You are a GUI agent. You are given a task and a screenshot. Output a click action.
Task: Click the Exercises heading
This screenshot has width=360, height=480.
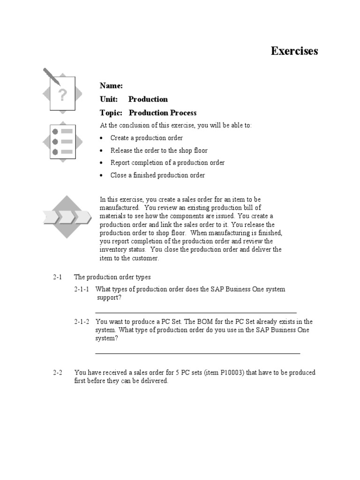(294, 51)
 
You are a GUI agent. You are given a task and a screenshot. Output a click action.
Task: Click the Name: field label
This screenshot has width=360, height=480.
(111, 85)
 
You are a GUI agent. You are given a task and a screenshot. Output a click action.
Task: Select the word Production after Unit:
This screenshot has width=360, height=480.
(148, 99)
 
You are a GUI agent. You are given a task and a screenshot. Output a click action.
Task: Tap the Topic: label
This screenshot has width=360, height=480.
(111, 112)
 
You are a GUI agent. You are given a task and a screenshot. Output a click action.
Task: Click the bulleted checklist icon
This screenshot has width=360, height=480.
(62, 141)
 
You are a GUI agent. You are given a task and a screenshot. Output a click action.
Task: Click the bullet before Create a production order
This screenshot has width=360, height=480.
(102, 138)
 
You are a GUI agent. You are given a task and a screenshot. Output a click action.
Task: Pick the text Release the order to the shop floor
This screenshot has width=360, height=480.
(159, 150)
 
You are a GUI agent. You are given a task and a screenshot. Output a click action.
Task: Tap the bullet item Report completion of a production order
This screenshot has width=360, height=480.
(167, 163)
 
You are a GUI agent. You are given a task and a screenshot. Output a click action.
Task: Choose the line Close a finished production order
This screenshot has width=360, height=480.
(157, 175)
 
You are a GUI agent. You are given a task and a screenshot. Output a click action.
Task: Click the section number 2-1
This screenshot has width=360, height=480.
(57, 277)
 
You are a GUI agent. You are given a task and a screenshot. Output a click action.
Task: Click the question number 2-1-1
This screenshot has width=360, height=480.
(82, 289)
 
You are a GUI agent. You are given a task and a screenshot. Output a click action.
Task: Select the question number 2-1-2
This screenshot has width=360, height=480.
(82, 322)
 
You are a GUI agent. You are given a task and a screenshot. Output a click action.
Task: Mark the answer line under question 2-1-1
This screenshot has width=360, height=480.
(195, 312)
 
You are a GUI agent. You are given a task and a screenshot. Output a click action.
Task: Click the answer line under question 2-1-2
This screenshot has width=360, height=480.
(197, 353)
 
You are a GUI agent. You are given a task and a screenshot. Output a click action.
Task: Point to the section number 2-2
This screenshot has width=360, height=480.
(57, 373)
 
